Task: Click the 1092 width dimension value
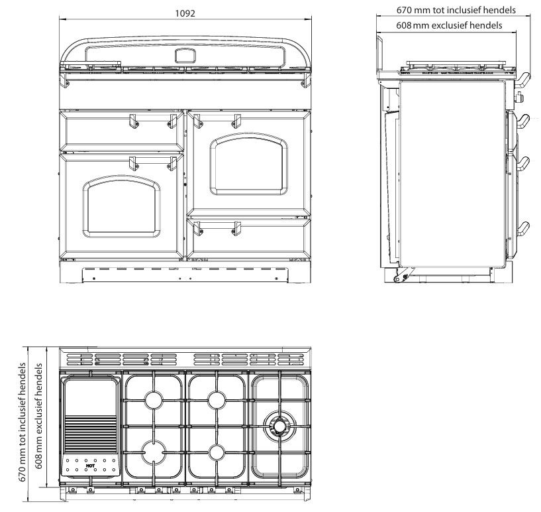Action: (185, 13)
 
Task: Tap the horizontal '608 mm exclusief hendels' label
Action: (448, 25)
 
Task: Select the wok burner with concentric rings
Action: (277, 424)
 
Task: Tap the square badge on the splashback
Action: (183, 56)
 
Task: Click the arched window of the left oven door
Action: (121, 206)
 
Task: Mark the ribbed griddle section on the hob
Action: (90, 435)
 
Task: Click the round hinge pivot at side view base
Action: (397, 279)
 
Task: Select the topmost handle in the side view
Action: (522, 80)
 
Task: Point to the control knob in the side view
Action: (519, 99)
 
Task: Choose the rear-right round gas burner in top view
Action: (217, 399)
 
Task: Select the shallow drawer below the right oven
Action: (249, 215)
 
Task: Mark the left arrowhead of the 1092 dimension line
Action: (62, 19)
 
